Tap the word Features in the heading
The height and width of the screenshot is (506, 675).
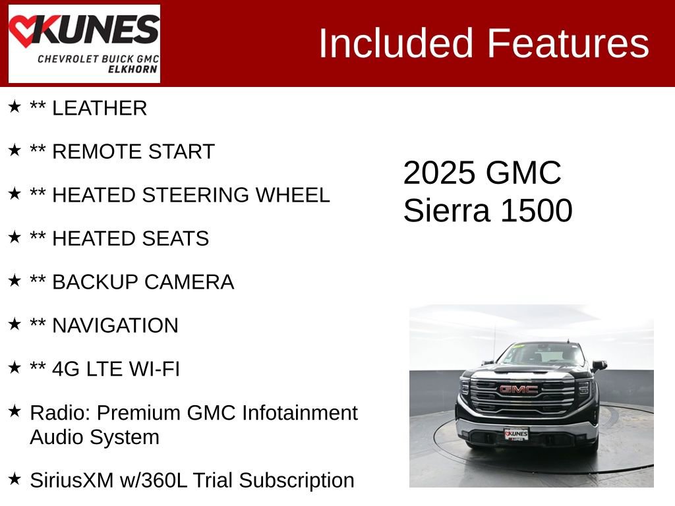[x=568, y=43]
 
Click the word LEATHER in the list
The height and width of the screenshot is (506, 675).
[x=100, y=109]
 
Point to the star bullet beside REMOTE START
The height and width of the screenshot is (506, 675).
[x=15, y=151]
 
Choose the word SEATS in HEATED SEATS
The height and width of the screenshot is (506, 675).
[x=178, y=239]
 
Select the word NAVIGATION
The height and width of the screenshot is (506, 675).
[x=115, y=326]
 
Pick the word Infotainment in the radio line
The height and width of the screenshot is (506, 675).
[x=300, y=413]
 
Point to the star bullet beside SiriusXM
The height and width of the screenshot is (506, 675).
[x=15, y=479]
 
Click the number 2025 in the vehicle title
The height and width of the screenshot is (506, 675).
[x=439, y=173]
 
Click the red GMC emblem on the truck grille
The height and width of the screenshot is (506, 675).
[x=517, y=389]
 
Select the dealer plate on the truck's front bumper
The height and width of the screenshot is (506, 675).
[x=516, y=434]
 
